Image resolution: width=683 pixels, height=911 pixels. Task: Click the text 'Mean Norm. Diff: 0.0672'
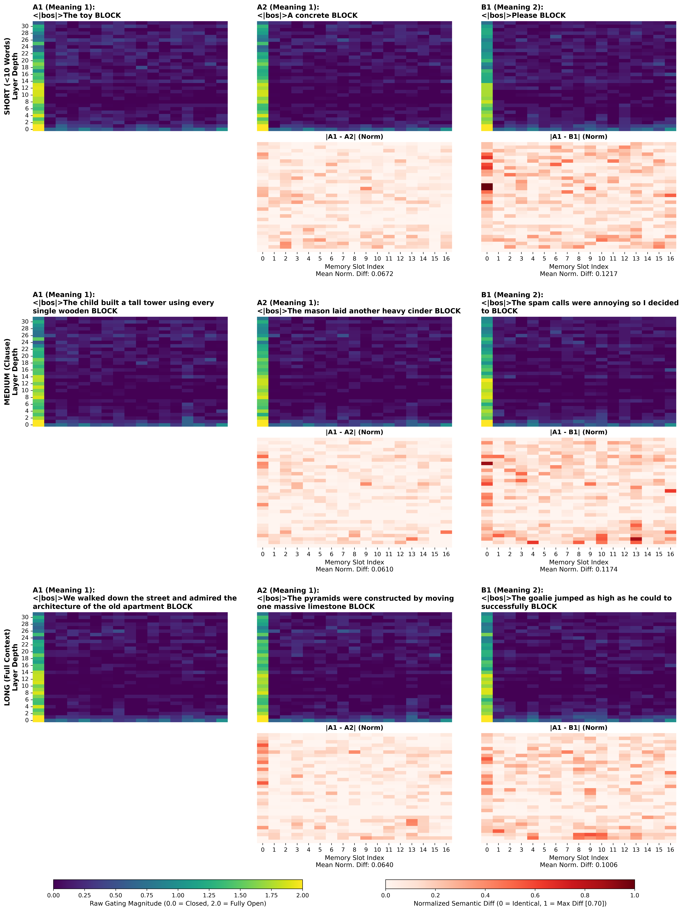(354, 274)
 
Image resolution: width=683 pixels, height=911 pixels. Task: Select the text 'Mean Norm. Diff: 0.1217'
(578, 274)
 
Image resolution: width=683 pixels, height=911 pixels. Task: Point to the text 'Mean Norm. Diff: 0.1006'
(578, 865)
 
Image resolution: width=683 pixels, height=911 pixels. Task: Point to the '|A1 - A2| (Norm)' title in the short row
(354, 137)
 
